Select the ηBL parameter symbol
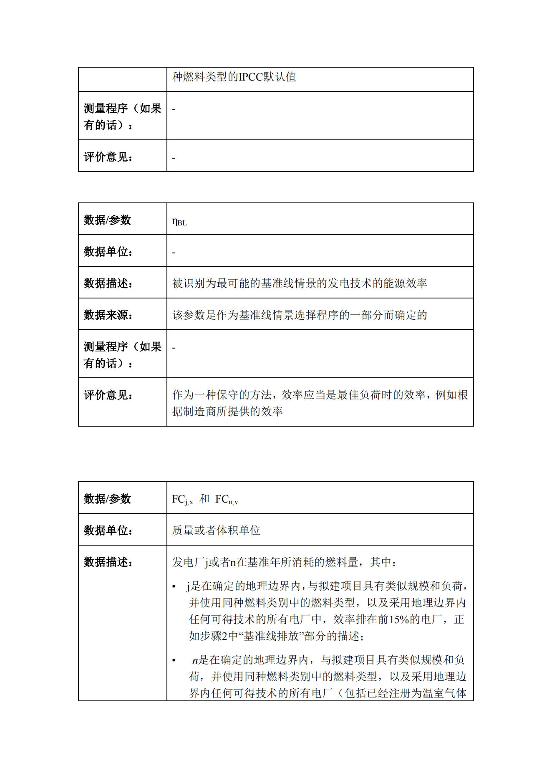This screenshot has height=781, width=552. (179, 222)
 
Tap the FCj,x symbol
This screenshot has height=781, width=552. (182, 500)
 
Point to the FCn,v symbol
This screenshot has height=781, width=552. (227, 500)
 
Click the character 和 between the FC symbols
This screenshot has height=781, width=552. (204, 499)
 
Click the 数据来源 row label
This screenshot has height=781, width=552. (108, 315)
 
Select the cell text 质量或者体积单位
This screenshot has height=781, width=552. (216, 531)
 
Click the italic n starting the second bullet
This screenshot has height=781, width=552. (195, 660)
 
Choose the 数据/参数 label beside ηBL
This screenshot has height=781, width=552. (107, 220)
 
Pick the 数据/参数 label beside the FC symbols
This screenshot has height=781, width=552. (107, 499)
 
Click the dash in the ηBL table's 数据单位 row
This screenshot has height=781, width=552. (174, 253)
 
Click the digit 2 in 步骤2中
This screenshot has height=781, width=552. (224, 636)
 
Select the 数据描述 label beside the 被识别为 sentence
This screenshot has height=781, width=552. (108, 283)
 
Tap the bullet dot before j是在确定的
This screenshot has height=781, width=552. (174, 587)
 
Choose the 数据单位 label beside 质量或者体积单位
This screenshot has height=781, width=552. (108, 531)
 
